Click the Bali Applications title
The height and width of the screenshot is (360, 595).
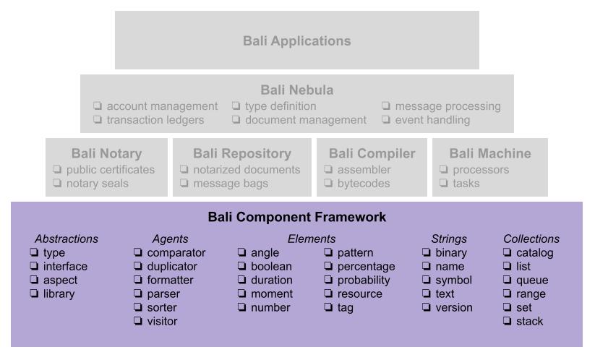296,41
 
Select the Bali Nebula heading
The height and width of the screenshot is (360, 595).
296,90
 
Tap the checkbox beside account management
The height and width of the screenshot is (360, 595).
98,106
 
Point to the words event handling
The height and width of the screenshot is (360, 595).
432,120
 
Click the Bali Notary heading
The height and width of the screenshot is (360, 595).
106,154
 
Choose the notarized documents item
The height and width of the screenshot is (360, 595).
247,170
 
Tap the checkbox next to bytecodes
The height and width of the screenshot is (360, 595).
328,183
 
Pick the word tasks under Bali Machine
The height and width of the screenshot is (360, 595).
466,183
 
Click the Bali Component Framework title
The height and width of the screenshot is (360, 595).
296,217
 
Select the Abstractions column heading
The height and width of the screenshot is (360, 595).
67,239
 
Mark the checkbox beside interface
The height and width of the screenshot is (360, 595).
34,266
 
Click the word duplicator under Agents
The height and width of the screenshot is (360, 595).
172,266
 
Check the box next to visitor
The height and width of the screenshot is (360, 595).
138,321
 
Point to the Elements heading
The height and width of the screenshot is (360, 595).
312,239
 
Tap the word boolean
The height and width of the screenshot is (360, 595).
271,266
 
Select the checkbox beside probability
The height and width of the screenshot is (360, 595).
328,280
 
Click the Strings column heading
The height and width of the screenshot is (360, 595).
449,239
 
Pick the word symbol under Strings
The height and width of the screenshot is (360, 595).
453,280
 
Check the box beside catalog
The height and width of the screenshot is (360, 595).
507,252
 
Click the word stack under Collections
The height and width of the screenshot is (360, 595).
530,321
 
